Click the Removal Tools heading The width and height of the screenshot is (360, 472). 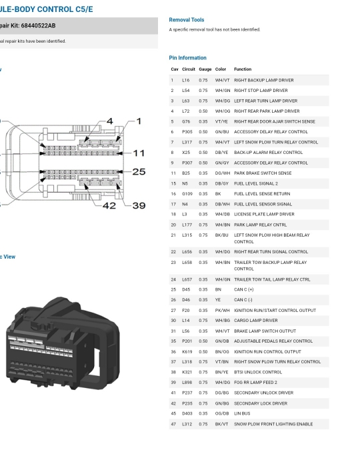(x=186, y=20)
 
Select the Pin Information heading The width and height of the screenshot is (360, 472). (x=187, y=58)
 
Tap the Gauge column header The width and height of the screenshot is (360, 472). (x=205, y=69)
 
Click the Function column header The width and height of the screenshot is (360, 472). (x=243, y=69)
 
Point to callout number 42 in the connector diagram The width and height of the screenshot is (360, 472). (x=109, y=205)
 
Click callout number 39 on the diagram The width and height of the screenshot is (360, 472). (x=139, y=205)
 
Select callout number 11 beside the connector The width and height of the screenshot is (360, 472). (x=139, y=153)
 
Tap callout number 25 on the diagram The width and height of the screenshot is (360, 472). (x=139, y=171)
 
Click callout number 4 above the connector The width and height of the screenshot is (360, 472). (x=110, y=121)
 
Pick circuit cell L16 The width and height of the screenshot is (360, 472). (x=186, y=81)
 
